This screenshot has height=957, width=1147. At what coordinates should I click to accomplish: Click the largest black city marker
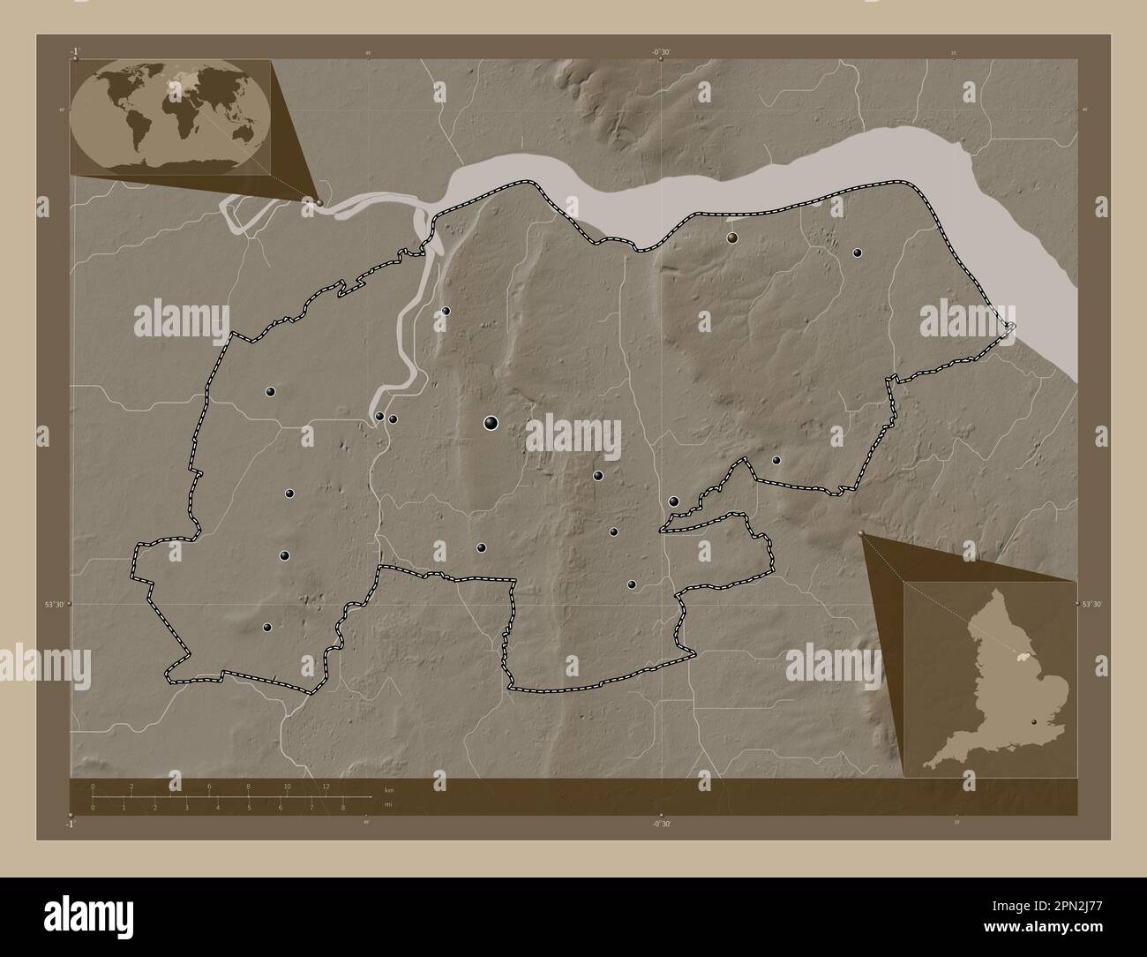(491, 424)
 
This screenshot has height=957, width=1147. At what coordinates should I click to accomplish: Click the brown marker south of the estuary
(731, 237)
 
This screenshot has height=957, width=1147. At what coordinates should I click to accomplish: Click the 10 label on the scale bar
(287, 786)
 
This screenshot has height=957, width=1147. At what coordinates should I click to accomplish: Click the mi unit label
(387, 804)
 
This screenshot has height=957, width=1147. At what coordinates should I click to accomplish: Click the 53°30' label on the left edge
(56, 604)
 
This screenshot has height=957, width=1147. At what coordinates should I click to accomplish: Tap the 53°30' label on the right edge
(1091, 604)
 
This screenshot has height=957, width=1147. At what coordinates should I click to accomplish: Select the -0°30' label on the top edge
(661, 53)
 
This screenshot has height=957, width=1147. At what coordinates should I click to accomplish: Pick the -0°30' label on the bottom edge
(661, 823)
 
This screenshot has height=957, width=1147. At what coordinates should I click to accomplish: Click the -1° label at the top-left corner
(76, 50)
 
